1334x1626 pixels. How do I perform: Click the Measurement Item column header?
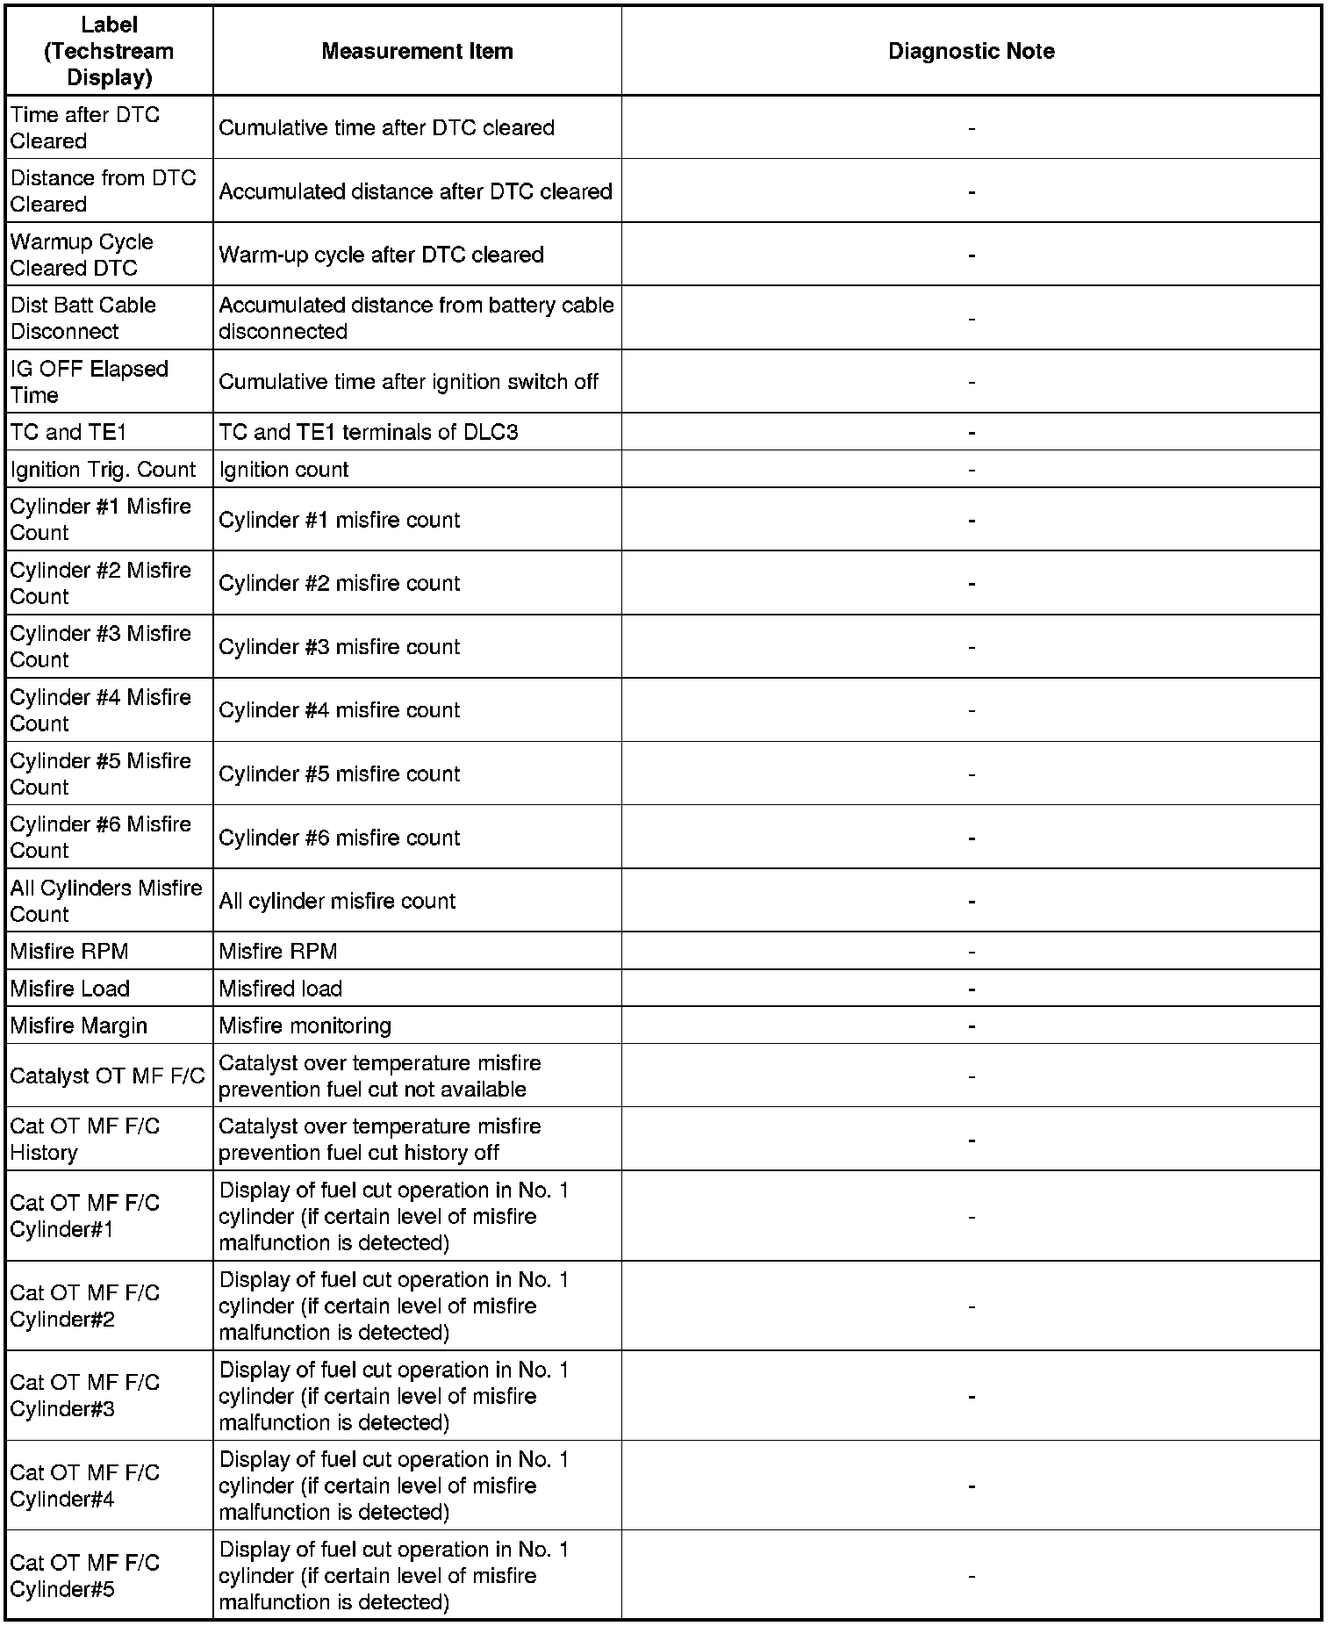(417, 51)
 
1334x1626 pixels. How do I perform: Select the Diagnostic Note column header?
(971, 51)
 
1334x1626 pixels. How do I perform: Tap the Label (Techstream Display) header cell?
(109, 51)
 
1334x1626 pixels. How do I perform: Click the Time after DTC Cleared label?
(85, 128)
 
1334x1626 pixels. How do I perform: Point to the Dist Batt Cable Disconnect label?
(83, 318)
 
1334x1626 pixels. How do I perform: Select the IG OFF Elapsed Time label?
(89, 382)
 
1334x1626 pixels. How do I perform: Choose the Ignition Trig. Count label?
(103, 470)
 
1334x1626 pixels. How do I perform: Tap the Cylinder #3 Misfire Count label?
(100, 646)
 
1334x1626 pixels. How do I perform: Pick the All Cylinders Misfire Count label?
(105, 901)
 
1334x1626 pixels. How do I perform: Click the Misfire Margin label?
(79, 1025)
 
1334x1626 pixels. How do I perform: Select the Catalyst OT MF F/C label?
(107, 1076)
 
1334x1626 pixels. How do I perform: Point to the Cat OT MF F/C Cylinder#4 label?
(85, 1486)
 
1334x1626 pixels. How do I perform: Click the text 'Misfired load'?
(280, 989)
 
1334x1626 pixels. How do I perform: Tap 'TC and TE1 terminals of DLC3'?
(368, 432)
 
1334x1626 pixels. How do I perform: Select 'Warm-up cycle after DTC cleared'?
(381, 255)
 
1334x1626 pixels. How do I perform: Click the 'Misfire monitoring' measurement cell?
(305, 1025)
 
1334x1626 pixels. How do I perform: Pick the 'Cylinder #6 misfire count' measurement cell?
(339, 838)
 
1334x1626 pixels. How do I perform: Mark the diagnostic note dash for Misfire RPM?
(972, 952)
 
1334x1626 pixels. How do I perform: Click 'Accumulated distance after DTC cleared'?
(415, 191)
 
